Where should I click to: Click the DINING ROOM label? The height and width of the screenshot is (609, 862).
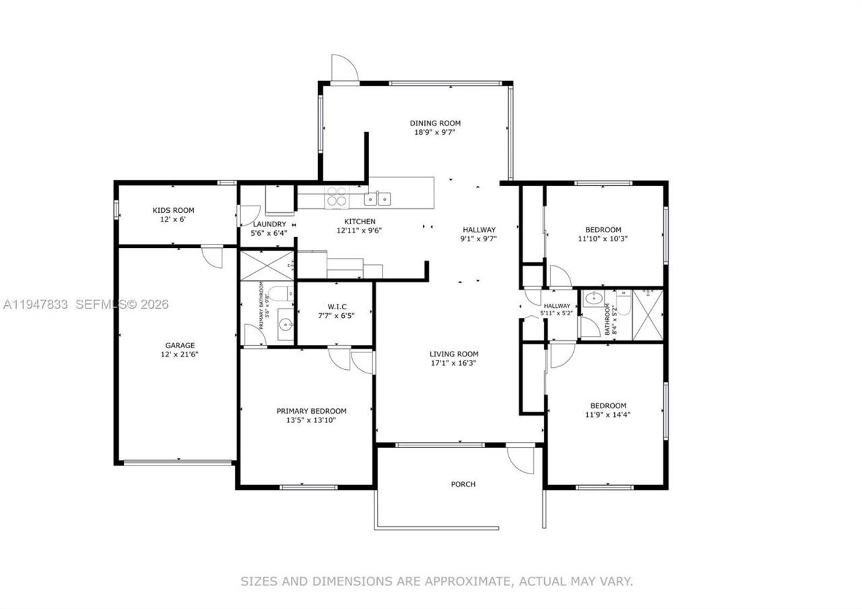(x=435, y=123)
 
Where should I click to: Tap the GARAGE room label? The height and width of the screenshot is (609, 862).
(x=180, y=345)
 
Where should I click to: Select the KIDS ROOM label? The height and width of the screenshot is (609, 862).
(x=173, y=210)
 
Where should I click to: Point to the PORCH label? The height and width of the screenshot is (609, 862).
(x=463, y=484)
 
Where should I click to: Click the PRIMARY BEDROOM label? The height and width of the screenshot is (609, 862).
(x=311, y=411)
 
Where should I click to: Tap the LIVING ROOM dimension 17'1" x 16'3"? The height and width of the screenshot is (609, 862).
(x=454, y=363)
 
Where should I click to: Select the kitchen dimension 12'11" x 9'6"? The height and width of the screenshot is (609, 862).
(x=360, y=230)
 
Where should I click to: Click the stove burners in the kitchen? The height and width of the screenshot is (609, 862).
(x=336, y=197)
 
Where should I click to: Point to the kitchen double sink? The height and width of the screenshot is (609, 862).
(x=377, y=198)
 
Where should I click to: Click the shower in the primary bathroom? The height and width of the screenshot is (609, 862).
(x=267, y=263)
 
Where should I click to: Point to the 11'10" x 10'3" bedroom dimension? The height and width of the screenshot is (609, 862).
(x=604, y=238)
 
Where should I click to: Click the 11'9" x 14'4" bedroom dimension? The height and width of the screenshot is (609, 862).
(x=607, y=414)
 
